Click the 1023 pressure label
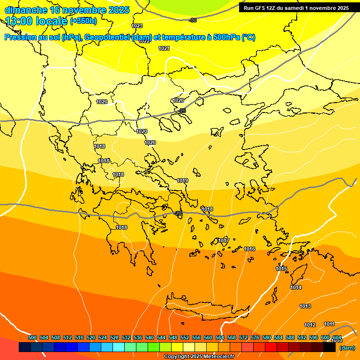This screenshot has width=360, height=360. click(137, 26)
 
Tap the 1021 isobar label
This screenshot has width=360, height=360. click(164, 48)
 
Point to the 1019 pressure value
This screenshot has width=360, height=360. click(182, 180)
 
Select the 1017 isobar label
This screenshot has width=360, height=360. click(224, 240)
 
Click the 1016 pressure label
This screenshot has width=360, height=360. click(249, 249)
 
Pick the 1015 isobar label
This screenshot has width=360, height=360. click(281, 269)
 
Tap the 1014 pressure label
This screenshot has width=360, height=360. click(296, 287)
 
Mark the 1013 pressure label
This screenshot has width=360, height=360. click(305, 306)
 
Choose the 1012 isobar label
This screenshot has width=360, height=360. click(310, 325)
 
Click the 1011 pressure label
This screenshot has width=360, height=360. click(329, 324)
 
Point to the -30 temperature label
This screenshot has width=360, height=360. click(192, 20)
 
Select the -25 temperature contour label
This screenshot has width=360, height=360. click(182, 111)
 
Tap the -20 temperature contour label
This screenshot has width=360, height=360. click(178, 213)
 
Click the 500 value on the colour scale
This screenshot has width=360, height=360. click(32, 337)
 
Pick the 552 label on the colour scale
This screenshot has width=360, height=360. click(185, 337)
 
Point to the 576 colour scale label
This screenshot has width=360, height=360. click(255, 337)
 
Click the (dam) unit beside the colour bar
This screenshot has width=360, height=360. click(347, 348)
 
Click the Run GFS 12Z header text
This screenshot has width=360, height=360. click(296, 8)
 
